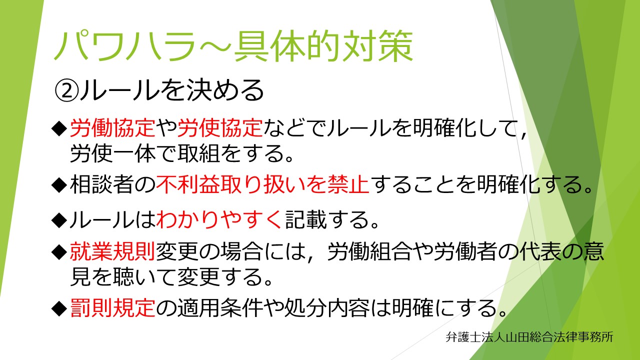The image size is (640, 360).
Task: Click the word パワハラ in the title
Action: (x=125, y=46)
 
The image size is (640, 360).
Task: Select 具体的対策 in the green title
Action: (x=323, y=46)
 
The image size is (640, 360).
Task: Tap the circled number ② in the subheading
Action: (x=66, y=91)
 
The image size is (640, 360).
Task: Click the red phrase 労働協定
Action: (x=112, y=128)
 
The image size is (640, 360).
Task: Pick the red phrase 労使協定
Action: (x=220, y=128)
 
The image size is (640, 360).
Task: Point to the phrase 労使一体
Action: (x=112, y=153)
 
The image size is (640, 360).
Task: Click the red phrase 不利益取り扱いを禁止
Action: (x=263, y=184)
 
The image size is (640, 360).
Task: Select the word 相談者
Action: (x=102, y=184)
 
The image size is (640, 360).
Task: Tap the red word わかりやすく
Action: (x=219, y=219)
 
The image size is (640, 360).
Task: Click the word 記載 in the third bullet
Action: (x=305, y=219)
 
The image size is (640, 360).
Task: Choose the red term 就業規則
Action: (x=112, y=251)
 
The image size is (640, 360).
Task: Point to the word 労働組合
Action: (x=369, y=251)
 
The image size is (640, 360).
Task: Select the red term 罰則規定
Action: (x=112, y=308)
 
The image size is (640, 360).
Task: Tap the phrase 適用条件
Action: (x=220, y=308)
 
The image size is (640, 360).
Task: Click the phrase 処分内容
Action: (x=327, y=308)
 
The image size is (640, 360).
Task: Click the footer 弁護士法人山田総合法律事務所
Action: (x=529, y=337)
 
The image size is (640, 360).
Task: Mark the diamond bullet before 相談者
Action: (x=59, y=185)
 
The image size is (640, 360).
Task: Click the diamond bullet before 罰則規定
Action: (x=59, y=308)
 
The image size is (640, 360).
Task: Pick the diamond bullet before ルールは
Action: (x=59, y=220)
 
